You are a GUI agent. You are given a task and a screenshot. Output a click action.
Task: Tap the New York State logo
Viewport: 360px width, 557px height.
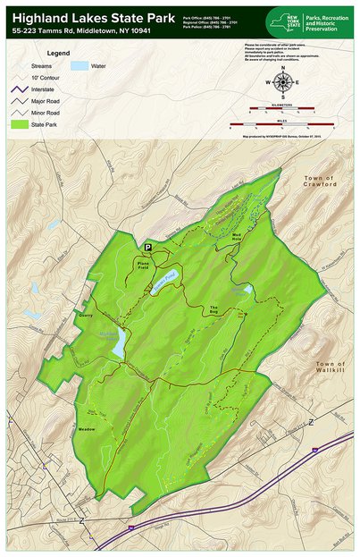[x=284, y=21]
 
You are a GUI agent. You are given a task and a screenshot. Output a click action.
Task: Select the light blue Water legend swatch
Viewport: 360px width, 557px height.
[x=80, y=66]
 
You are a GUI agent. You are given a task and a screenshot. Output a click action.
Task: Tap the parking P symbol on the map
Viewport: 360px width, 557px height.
[x=148, y=248]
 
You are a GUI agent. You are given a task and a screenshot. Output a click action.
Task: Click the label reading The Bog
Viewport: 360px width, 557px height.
[x=214, y=310]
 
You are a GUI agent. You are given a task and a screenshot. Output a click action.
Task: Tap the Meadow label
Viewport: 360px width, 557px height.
[x=87, y=430]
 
